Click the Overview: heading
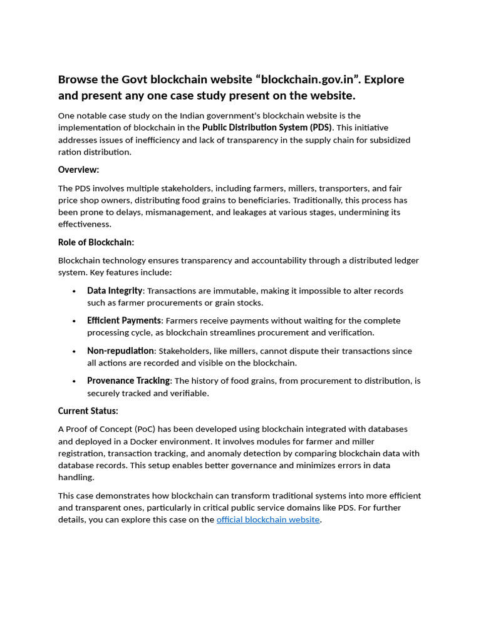tap(78, 170)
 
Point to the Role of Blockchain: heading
tap(96, 242)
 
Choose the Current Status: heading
tap(88, 411)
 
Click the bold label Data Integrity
tap(115, 290)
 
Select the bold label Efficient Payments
tap(124, 320)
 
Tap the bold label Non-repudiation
tap(120, 351)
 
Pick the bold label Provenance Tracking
tap(128, 381)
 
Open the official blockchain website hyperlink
tap(268, 520)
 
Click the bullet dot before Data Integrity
tap(74, 291)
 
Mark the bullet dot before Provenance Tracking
tap(74, 381)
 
